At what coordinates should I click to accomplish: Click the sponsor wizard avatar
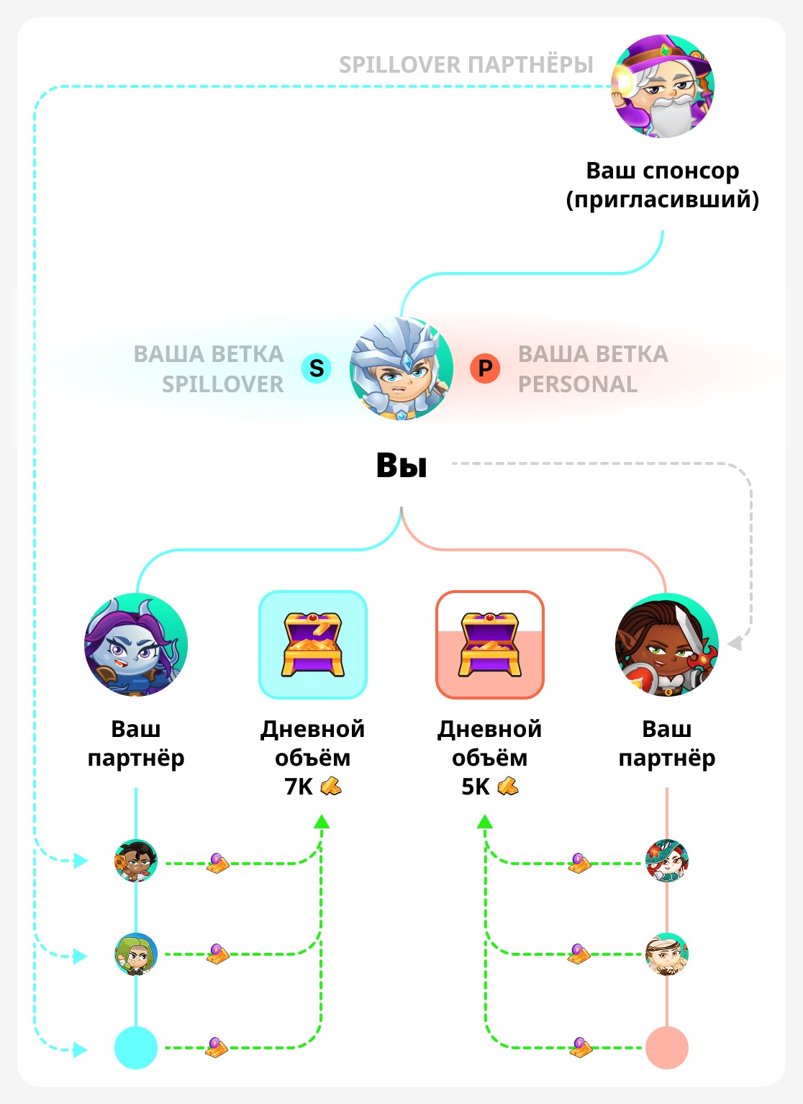(662, 86)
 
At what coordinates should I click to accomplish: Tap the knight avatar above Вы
(401, 368)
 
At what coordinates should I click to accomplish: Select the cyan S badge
(317, 368)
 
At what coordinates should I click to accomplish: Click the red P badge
(486, 368)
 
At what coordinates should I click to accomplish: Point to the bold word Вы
(401, 466)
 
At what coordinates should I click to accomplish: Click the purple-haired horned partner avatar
(136, 645)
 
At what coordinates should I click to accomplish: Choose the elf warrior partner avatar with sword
(667, 645)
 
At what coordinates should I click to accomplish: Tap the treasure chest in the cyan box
(313, 644)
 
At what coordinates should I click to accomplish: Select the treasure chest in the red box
(490, 644)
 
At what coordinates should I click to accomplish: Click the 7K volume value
(299, 787)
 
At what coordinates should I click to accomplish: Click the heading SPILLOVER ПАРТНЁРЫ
(466, 65)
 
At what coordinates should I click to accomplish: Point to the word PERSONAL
(578, 384)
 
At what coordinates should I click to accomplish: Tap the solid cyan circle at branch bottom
(136, 1048)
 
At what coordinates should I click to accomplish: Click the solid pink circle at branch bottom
(667, 1048)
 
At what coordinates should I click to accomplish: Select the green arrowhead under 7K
(322, 822)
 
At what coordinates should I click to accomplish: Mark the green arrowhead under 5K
(486, 822)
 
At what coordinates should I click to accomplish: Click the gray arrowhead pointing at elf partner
(735, 643)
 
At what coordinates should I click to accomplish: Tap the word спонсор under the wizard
(691, 171)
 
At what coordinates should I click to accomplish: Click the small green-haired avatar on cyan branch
(136, 954)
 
